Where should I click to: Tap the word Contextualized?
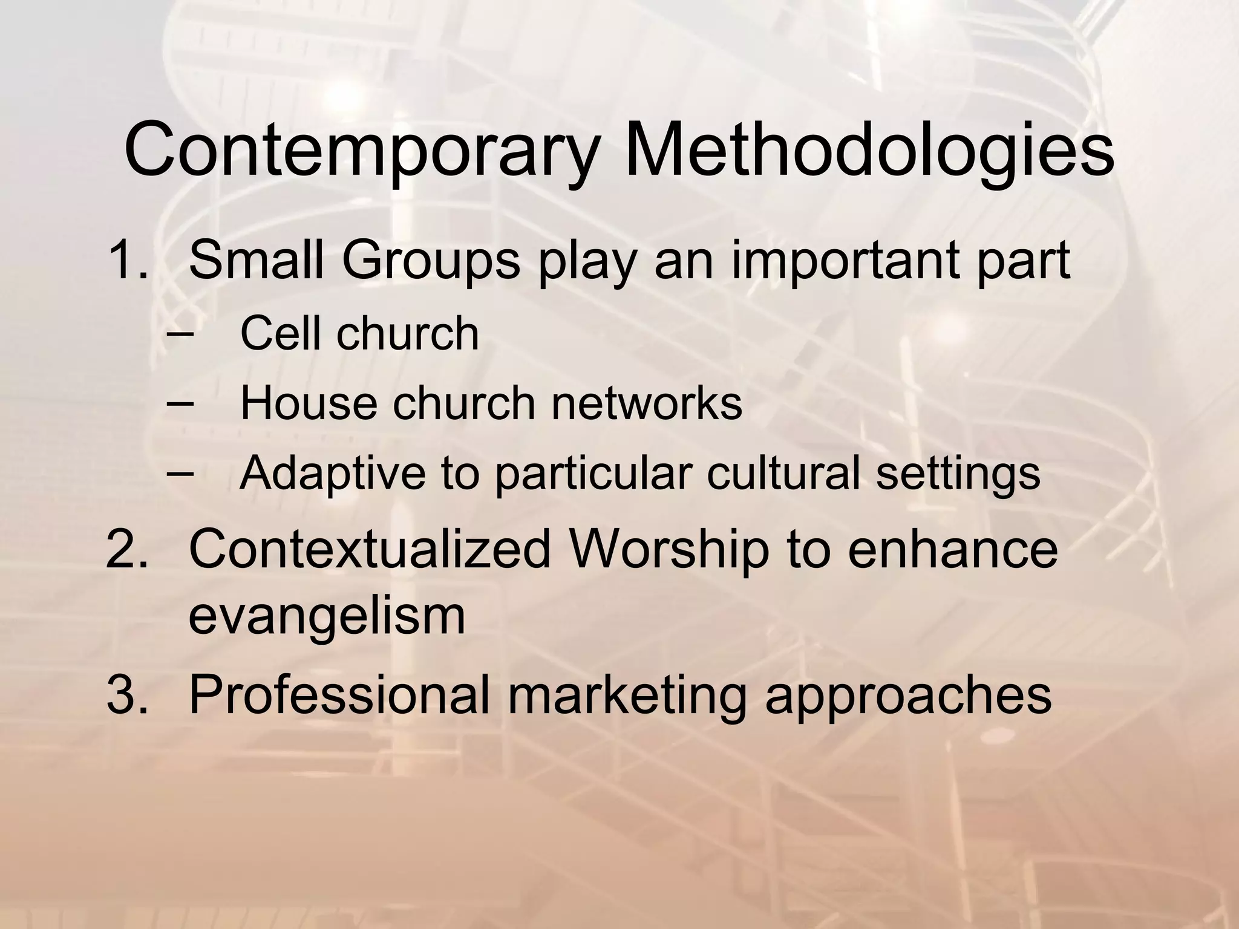(369, 549)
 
